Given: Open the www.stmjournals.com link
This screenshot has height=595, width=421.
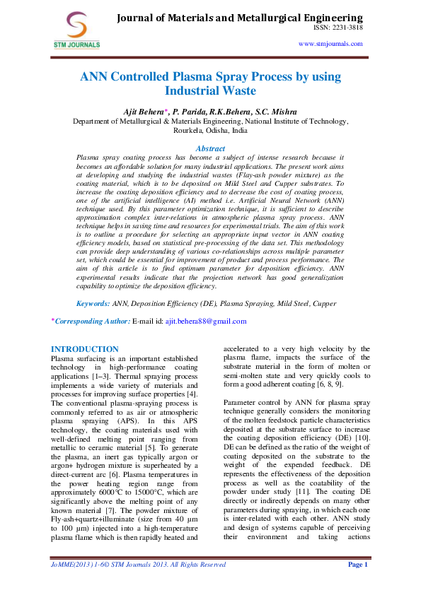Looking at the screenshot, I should [x=330, y=43].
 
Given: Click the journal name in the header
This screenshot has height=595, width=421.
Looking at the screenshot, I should [x=239, y=17].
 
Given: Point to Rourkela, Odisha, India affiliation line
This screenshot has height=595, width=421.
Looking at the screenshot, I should [x=210, y=131].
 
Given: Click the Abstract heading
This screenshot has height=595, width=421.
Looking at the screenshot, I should [x=209, y=148].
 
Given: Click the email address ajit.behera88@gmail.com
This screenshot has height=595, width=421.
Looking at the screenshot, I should [x=205, y=321].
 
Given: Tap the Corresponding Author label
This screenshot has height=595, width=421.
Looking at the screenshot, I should [x=91, y=321].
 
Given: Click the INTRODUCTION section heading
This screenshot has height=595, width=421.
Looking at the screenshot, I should [x=85, y=349].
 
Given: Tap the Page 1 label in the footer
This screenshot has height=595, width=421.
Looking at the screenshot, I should [x=357, y=584].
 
